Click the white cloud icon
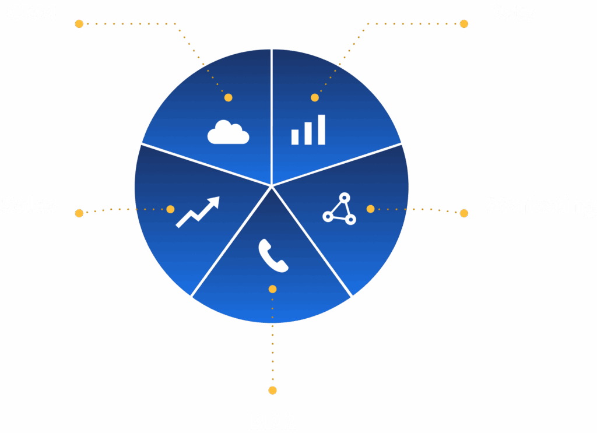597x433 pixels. (228, 132)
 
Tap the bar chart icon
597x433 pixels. (308, 130)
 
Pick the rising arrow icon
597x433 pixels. (198, 212)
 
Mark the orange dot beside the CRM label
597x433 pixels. (79, 24)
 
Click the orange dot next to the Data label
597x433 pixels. (464, 24)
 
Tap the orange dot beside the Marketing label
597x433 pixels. (464, 213)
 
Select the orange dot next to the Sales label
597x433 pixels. (79, 213)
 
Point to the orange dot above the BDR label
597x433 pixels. (272, 390)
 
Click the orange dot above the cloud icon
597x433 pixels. (229, 98)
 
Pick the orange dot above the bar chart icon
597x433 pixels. (315, 98)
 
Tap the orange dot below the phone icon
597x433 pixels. (272, 289)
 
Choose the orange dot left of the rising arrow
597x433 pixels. (170, 209)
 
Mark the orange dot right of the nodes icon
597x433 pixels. (370, 209)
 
